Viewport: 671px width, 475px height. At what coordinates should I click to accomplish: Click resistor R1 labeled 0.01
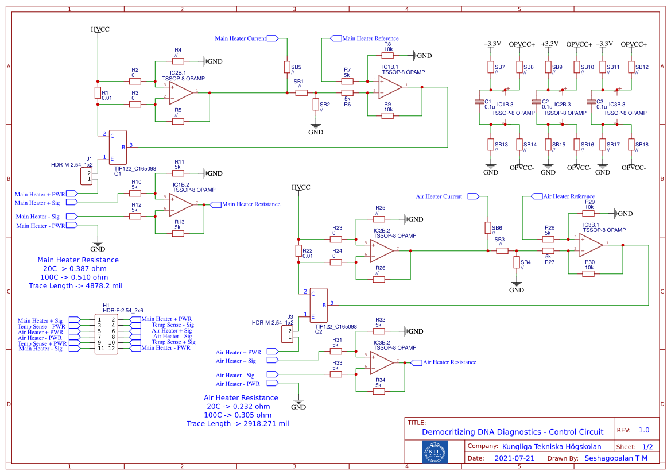point(97,93)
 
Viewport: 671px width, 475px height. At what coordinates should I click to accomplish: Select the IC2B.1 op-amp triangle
point(180,92)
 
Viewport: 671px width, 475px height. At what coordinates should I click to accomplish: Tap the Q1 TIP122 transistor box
point(118,147)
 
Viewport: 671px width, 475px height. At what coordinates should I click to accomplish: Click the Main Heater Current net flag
point(273,38)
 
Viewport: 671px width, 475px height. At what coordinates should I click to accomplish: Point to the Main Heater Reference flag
point(336,38)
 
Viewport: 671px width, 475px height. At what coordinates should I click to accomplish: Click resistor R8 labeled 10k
point(388,56)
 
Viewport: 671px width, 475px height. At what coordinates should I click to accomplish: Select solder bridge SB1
point(301,92)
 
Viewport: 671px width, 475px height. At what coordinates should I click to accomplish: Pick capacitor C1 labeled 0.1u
point(479,102)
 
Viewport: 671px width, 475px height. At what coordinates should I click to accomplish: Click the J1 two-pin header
point(86,176)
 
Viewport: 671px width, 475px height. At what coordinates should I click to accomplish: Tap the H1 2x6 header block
point(106,334)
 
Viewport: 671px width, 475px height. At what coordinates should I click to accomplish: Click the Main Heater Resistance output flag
point(216,204)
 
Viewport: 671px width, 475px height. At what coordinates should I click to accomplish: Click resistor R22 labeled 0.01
point(298,251)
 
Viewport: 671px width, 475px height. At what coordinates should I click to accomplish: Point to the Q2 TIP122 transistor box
point(318,305)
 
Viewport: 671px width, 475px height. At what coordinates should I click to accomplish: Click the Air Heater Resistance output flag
point(417,362)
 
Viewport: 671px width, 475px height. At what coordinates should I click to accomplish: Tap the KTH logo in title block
point(435,452)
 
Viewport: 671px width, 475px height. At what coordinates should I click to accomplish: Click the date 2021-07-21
point(514,458)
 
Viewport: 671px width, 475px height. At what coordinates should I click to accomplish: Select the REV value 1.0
point(644,430)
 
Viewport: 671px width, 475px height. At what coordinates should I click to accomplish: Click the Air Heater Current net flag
point(473,196)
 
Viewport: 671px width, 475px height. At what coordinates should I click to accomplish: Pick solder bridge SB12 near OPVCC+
point(631,67)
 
